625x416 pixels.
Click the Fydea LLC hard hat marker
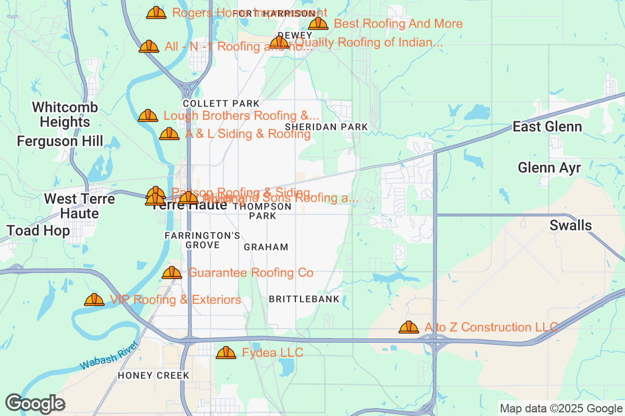[226, 353]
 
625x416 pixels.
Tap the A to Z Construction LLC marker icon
[409, 327]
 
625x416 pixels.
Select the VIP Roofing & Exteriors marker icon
[94, 300]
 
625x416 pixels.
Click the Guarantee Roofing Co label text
[251, 272]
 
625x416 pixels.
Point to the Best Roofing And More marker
[318, 23]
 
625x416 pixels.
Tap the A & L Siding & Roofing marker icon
[169, 134]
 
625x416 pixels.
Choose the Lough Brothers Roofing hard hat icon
[148, 115]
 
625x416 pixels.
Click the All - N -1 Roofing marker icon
[149, 46]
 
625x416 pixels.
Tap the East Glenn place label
[547, 127]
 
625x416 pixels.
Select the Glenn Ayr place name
[549, 167]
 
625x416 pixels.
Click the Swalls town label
[571, 225]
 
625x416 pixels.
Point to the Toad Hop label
[38, 230]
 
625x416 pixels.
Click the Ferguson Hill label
[60, 141]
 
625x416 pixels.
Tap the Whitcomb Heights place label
[65, 115]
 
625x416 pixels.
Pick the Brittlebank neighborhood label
[304, 299]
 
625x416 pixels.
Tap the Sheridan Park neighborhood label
[327, 127]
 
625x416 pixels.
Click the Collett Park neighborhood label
[221, 103]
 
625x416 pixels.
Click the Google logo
[35, 404]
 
